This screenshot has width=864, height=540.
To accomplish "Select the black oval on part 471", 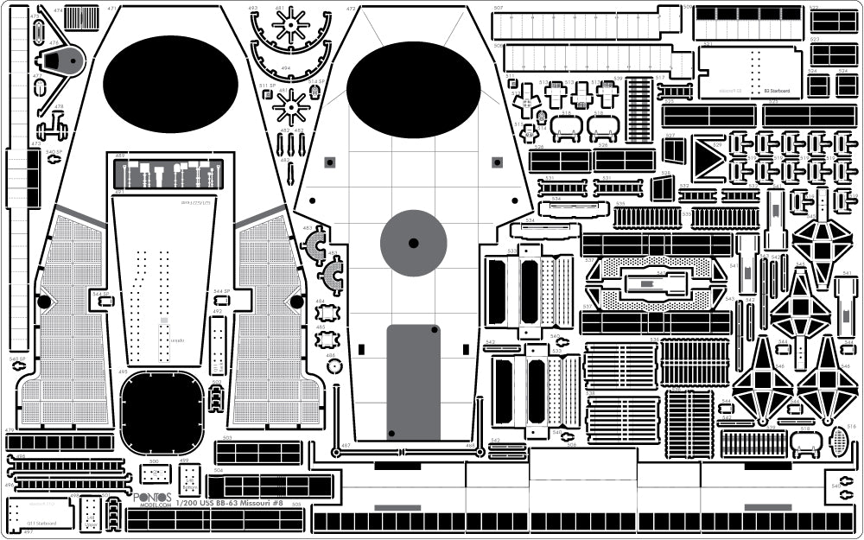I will tap(170, 84).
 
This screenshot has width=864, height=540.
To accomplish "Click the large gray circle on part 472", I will tap(413, 243).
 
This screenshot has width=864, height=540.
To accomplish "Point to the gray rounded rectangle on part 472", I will tap(413, 381).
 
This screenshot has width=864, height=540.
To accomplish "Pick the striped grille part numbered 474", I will tap(81, 17).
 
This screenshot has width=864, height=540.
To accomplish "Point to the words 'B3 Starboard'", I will tap(777, 90).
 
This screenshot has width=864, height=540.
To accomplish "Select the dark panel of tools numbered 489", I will tap(168, 174).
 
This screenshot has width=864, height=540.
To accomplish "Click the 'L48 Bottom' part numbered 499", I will tap(189, 480).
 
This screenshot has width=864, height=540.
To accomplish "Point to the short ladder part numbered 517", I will tap(673, 90).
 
